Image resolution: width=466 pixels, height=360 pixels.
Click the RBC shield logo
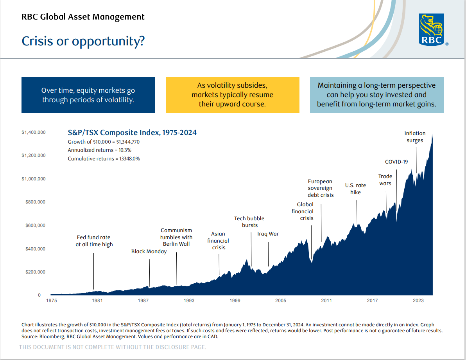431,29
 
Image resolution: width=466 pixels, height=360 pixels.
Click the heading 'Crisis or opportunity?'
83,41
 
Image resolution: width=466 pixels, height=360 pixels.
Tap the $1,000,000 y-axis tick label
34,179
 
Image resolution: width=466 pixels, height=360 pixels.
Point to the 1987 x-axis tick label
143,301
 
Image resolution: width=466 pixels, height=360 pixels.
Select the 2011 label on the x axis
326,301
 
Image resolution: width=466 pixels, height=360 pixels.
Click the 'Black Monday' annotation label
149,251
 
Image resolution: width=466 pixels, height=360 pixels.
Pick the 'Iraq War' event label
268,234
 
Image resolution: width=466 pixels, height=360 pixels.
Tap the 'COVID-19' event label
396,162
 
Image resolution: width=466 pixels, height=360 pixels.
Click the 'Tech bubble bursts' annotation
249,221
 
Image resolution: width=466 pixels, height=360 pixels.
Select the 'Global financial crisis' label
303,211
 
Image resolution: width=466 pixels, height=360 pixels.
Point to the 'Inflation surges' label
415,137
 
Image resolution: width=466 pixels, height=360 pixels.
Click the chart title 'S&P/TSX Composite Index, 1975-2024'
132,132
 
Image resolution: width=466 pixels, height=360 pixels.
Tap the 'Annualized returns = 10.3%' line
100,150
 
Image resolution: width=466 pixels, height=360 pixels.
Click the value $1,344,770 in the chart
128,142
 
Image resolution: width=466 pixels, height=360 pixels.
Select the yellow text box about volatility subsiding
232,95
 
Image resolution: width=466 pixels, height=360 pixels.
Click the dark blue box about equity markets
88,95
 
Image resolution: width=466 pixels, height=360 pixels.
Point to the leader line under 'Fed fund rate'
93,271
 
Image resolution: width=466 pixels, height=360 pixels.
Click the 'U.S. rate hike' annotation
355,189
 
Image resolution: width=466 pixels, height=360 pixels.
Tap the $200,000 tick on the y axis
35,272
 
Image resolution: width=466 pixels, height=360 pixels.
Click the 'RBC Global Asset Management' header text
83,17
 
